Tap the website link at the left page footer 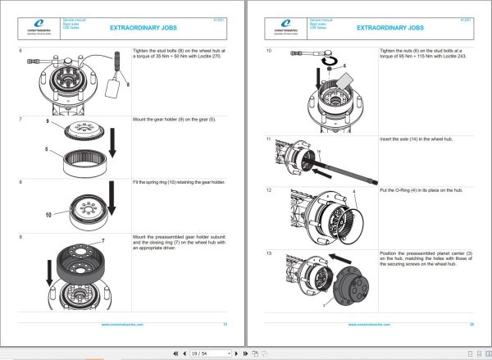pyautogui.click(x=124, y=323)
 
